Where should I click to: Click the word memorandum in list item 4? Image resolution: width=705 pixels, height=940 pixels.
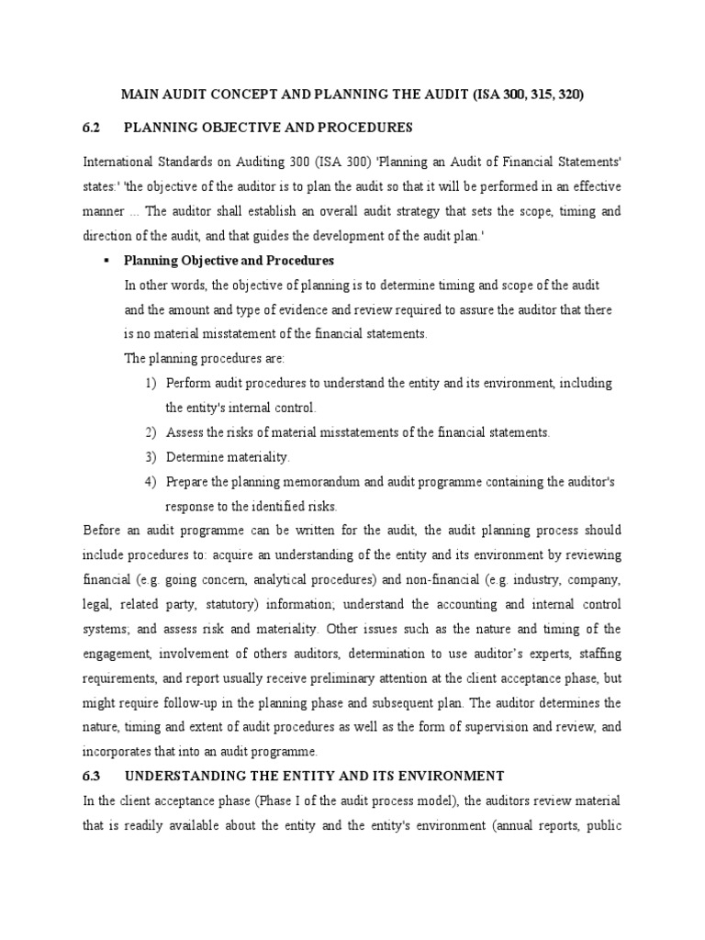click(316, 481)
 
